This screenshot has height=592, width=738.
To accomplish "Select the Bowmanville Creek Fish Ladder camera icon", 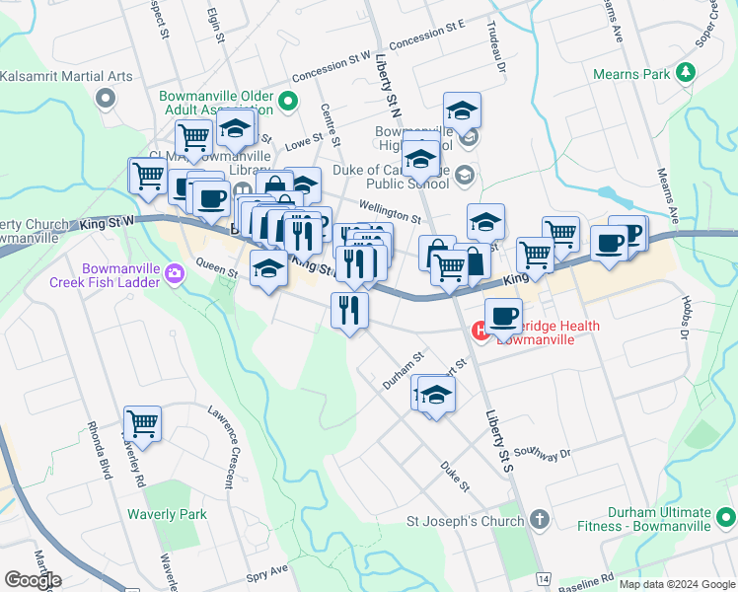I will (x=176, y=273).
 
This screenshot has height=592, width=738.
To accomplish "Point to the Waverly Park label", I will (x=167, y=514).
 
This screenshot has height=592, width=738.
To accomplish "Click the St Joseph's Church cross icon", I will (x=539, y=519).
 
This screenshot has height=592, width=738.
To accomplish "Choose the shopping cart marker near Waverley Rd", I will (x=142, y=424).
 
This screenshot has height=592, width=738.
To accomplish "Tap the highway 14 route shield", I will (x=543, y=576).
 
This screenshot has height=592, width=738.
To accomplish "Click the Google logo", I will (x=33, y=580).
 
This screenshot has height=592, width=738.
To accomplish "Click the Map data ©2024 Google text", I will (x=677, y=584).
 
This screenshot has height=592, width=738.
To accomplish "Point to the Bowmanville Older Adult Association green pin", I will (x=288, y=100).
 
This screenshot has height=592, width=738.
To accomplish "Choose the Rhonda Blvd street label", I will (x=100, y=449).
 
